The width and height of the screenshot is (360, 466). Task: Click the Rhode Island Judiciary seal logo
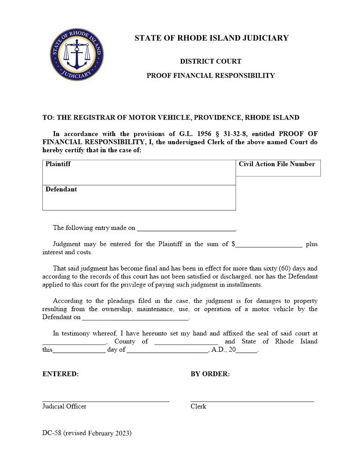pyautogui.click(x=77, y=55)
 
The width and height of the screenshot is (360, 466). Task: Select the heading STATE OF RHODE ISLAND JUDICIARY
pyautogui.click(x=211, y=38)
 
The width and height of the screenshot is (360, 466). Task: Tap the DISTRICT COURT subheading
pyautogui.click(x=210, y=61)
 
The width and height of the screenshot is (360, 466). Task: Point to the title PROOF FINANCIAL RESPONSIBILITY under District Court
pyautogui.click(x=210, y=75)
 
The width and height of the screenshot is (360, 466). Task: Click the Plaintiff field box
pyautogui.click(x=139, y=173)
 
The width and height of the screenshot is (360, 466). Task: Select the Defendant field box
pyautogui.click(x=139, y=198)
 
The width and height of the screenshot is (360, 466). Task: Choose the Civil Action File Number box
pyautogui.click(x=278, y=168)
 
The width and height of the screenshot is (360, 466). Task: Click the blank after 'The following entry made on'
pyautogui.click(x=187, y=228)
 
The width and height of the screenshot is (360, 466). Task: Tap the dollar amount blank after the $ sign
pyautogui.click(x=269, y=244)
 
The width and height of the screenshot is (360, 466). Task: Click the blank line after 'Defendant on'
pyautogui.click(x=135, y=317)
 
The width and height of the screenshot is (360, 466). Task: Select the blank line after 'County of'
pyautogui.click(x=186, y=342)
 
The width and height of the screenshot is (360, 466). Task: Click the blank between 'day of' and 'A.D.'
pyautogui.click(x=167, y=350)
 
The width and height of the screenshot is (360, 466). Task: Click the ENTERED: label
pyautogui.click(x=60, y=374)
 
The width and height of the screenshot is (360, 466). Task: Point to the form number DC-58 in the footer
pyautogui.click(x=52, y=433)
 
